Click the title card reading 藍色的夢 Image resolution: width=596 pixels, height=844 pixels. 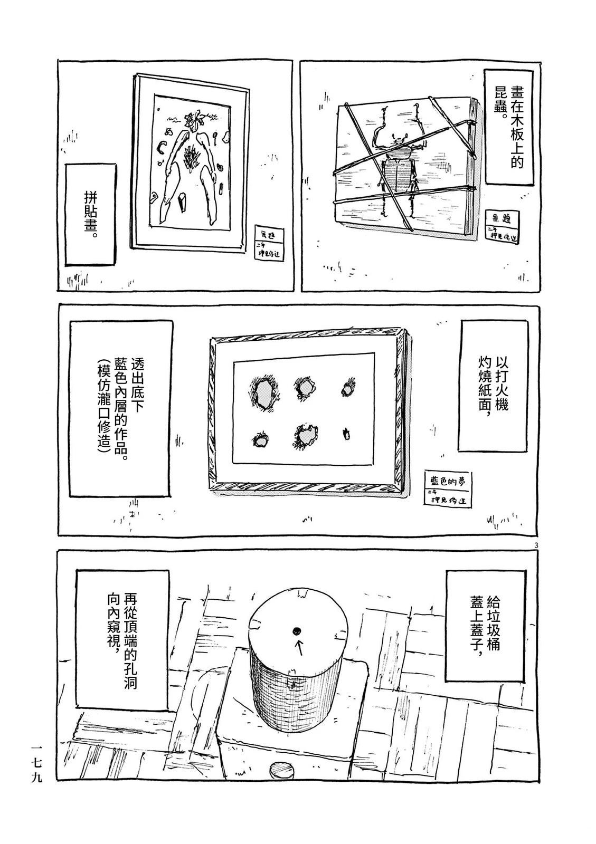(x=447, y=489)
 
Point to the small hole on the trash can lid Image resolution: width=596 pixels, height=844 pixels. (x=296, y=630)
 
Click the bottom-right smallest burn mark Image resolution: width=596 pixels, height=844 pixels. (x=347, y=434)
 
